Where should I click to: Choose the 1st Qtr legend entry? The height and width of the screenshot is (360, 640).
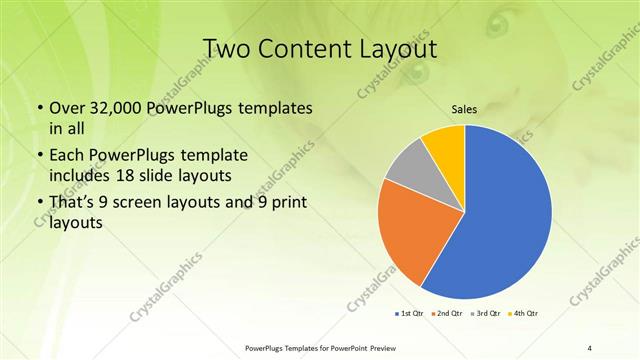[410, 314]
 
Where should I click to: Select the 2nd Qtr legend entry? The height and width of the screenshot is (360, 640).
[448, 314]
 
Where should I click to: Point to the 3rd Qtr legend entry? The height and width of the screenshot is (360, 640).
[487, 314]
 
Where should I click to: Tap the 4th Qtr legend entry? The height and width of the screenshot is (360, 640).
[524, 314]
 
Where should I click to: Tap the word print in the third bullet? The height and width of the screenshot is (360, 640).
[288, 203]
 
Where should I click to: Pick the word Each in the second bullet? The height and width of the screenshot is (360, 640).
[68, 156]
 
